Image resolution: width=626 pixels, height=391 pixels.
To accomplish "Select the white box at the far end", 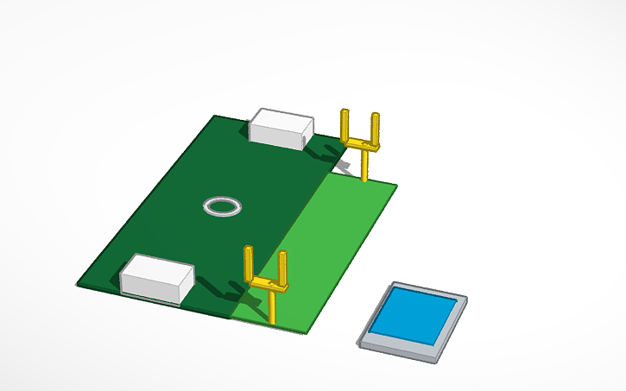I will pyautogui.click(x=281, y=128).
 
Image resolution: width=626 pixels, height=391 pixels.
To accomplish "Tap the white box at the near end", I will pyautogui.click(x=156, y=278).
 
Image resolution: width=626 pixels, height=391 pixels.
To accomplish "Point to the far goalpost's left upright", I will pyautogui.click(x=345, y=125).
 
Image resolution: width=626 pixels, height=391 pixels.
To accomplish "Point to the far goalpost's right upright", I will pyautogui.click(x=376, y=128).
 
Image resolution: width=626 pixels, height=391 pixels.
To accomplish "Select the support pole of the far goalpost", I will pyautogui.click(x=364, y=167).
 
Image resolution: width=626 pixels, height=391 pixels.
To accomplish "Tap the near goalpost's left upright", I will pyautogui.click(x=250, y=262).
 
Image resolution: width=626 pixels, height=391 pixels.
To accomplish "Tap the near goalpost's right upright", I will pyautogui.click(x=282, y=267).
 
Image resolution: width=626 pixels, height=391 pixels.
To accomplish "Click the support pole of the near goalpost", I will pyautogui.click(x=274, y=307).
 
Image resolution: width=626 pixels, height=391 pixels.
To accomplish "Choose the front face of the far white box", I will pyautogui.click(x=275, y=134).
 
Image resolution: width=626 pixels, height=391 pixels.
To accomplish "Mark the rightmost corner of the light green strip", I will pyautogui.click(x=395, y=185).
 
